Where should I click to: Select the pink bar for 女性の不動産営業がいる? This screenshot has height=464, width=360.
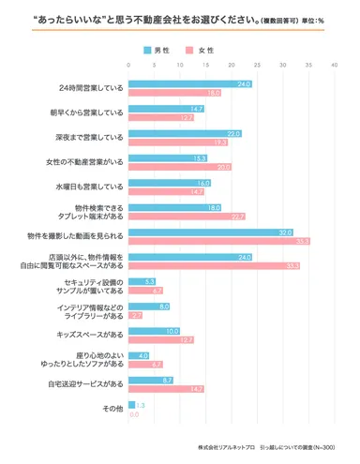click(179, 167)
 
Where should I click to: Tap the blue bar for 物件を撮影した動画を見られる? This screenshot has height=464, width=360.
click(231, 232)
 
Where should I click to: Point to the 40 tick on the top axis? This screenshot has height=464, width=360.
click(334, 65)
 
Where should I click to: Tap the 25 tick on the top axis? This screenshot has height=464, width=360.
click(256, 65)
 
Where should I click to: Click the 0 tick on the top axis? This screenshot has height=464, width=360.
click(128, 65)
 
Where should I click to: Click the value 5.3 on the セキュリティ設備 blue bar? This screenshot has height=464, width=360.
click(149, 281)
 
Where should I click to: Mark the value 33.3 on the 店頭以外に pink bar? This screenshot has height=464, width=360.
click(292, 265)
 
